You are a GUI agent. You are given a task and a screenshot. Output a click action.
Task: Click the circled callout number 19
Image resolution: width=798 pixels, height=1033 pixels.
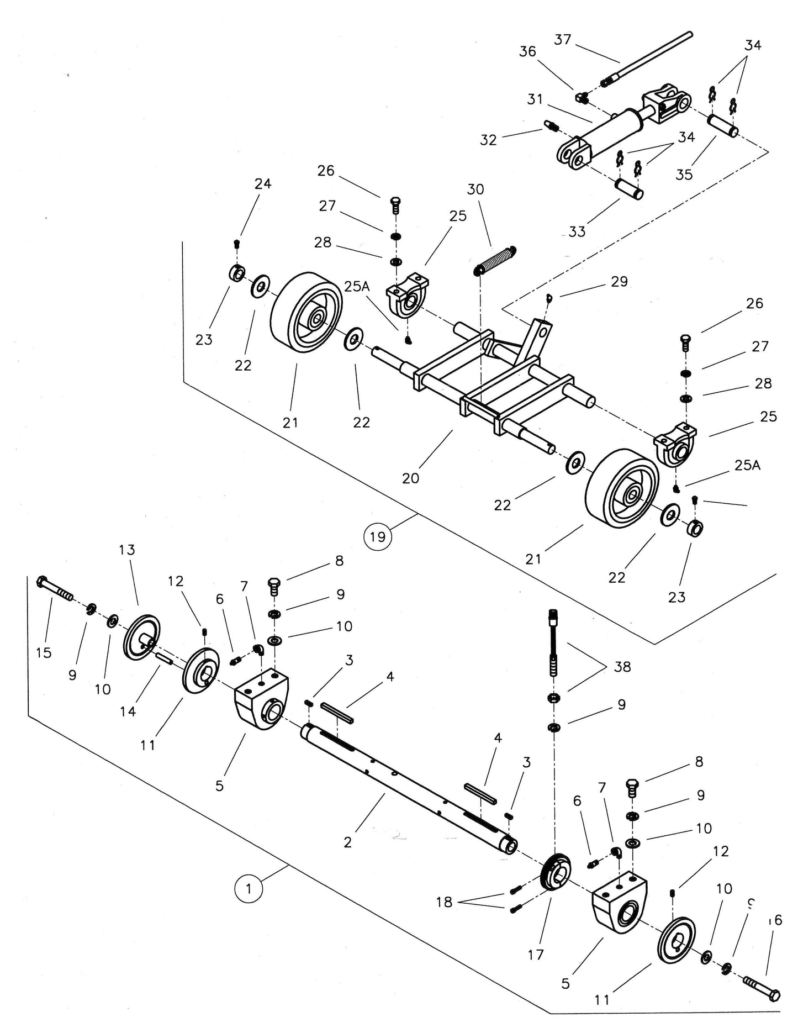pyautogui.click(x=378, y=536)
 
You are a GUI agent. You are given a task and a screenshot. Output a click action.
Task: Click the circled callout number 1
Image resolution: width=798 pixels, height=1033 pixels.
pyautogui.click(x=249, y=889)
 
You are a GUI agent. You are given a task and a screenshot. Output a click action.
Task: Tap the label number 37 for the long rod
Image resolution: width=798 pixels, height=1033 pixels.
pyautogui.click(x=562, y=40)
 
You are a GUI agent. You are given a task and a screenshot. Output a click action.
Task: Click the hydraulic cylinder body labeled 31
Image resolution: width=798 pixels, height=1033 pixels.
pyautogui.click(x=613, y=129)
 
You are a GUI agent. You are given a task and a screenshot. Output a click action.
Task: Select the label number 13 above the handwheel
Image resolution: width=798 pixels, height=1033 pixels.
pyautogui.click(x=126, y=550)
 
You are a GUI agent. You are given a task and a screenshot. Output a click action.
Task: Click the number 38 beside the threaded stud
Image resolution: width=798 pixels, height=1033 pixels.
pyautogui.click(x=622, y=667)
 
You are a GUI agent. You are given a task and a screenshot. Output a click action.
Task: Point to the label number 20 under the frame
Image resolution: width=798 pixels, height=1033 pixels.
pyautogui.click(x=410, y=478)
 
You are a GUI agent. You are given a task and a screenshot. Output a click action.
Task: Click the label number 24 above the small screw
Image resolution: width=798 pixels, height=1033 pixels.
pyautogui.click(x=263, y=183)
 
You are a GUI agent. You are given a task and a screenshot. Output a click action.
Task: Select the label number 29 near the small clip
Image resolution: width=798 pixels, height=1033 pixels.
pyautogui.click(x=619, y=282)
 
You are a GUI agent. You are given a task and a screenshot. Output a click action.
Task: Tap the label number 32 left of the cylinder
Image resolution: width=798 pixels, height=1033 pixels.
pyautogui.click(x=488, y=140)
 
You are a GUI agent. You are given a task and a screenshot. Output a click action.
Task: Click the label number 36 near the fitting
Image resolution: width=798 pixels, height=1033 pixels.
pyautogui.click(x=527, y=51)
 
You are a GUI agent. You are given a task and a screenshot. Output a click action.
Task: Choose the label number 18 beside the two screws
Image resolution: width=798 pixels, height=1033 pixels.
pyautogui.click(x=444, y=902)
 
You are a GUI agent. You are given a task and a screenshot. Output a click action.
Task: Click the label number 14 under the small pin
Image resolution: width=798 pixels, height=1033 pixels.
pyautogui.click(x=128, y=711)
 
